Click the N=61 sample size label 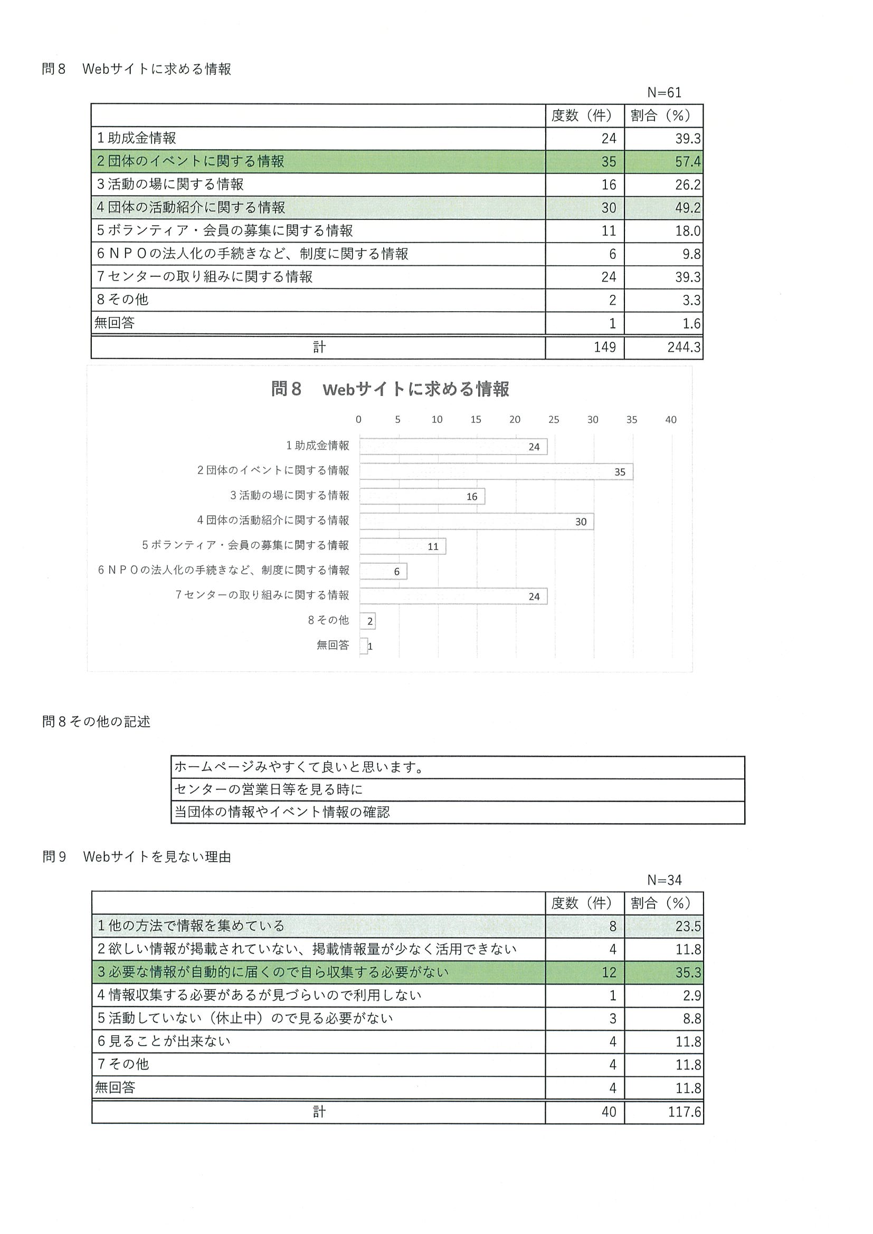tap(664, 92)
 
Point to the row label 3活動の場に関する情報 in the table tap(170, 185)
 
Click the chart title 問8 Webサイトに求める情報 tap(390, 389)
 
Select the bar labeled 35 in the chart tap(496, 472)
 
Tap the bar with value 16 tap(422, 497)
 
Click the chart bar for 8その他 tap(367, 621)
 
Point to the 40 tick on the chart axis tap(670, 420)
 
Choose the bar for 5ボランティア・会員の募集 tap(402, 546)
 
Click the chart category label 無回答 tap(333, 645)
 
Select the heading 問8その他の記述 tap(96, 722)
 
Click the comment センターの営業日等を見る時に tap(269, 789)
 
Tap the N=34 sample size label tap(664, 880)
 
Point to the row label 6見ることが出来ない tap(164, 1042)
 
